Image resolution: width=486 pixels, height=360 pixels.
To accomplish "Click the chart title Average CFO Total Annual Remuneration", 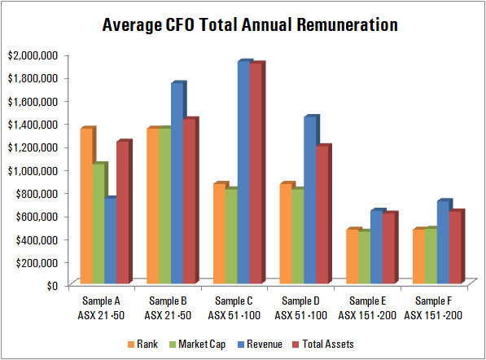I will pos(249,24).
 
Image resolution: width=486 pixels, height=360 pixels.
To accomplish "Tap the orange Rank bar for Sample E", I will pos(352,257).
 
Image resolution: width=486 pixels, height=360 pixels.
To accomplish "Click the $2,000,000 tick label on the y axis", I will pos(32,55).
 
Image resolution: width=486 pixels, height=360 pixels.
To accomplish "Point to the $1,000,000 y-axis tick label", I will pos(32,170).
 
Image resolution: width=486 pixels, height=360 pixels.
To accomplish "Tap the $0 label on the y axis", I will pos(50,285).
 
